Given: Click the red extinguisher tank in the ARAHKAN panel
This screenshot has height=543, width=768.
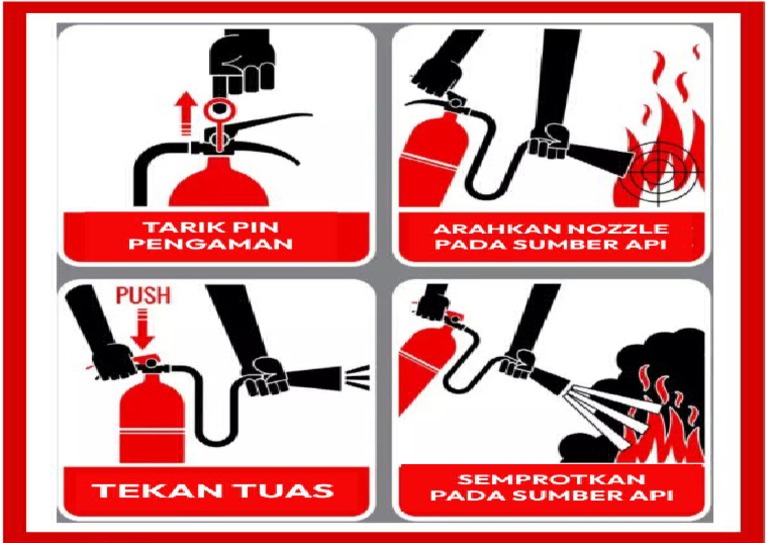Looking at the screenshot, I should pos(428,160).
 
